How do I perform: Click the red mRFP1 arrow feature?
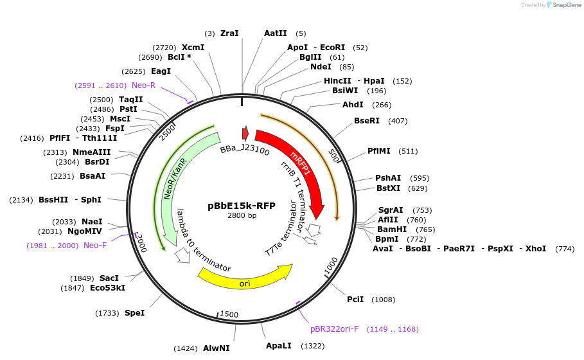[x=302, y=167]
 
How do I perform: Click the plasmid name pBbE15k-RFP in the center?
[x=242, y=206]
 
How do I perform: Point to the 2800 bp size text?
[x=242, y=215]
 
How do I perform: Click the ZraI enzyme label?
[x=229, y=33]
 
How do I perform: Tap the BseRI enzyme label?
[x=367, y=120]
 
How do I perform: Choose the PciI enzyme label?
[x=355, y=299]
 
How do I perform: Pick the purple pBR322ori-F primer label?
[x=334, y=329]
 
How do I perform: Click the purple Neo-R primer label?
[x=143, y=85]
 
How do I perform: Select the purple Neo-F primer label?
[x=95, y=245]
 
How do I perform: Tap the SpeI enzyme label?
[x=134, y=313]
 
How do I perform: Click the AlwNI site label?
[x=216, y=348]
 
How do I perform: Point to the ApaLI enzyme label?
[x=279, y=346]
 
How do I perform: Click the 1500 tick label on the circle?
[x=229, y=314]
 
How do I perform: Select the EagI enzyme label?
[x=161, y=71]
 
